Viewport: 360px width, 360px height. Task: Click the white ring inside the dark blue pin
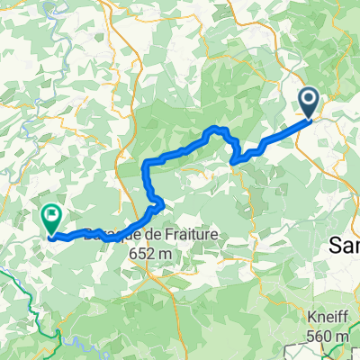308,100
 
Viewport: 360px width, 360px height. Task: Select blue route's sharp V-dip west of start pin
235,161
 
